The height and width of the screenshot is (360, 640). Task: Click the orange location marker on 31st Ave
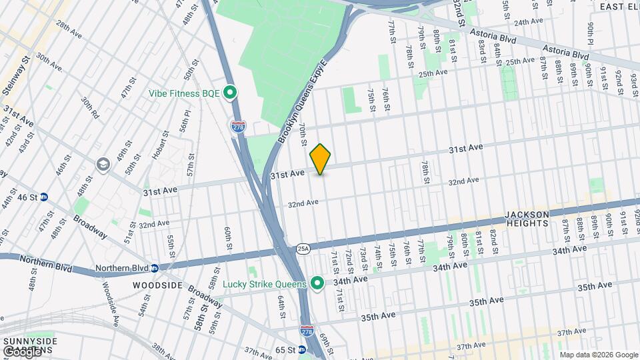321,159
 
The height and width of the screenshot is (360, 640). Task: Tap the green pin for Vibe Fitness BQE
231,93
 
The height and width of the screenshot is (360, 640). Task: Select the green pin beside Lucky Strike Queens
318,284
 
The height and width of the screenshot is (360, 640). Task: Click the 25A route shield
303,248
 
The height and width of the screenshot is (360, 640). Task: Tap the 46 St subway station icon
44,197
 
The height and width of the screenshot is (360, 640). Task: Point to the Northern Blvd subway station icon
154,268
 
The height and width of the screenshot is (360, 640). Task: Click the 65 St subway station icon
302,349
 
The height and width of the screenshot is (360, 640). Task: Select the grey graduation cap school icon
103,164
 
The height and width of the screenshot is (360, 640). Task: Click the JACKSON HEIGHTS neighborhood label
527,219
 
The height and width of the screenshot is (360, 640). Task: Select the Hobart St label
157,159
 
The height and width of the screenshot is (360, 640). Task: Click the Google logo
21,351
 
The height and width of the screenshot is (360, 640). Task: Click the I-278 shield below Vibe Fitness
237,126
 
